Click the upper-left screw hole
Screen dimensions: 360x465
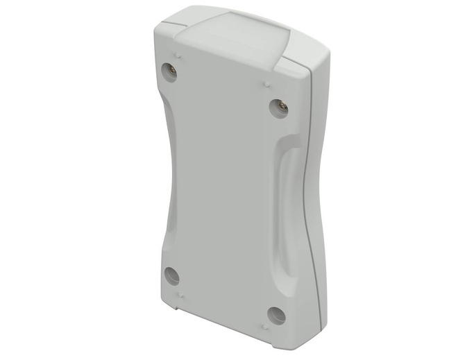point(169,70)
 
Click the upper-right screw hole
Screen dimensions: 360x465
point(278,108)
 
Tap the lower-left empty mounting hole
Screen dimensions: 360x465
point(171,275)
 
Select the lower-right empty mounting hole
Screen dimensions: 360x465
point(276,316)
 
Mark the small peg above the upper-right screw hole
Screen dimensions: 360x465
point(268,84)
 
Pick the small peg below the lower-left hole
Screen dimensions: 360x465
point(180,295)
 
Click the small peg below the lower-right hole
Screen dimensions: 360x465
point(266,325)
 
